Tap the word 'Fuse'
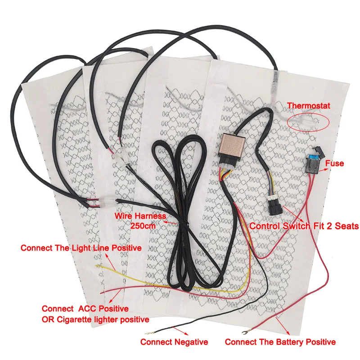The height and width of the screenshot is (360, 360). pyautogui.click(x=334, y=163)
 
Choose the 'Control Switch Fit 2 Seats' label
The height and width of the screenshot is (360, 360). pyautogui.click(x=304, y=226)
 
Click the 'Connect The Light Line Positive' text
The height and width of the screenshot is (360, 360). pyautogui.click(x=81, y=248)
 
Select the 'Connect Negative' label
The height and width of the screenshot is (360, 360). pyautogui.click(x=174, y=342)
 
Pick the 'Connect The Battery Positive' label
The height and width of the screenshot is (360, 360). pyautogui.click(x=280, y=342)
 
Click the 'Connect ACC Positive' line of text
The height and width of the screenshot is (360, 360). pyautogui.click(x=85, y=309)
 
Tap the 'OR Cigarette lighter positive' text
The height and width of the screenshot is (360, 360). pyautogui.click(x=95, y=319)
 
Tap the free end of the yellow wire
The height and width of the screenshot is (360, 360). pyautogui.click(x=97, y=266)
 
